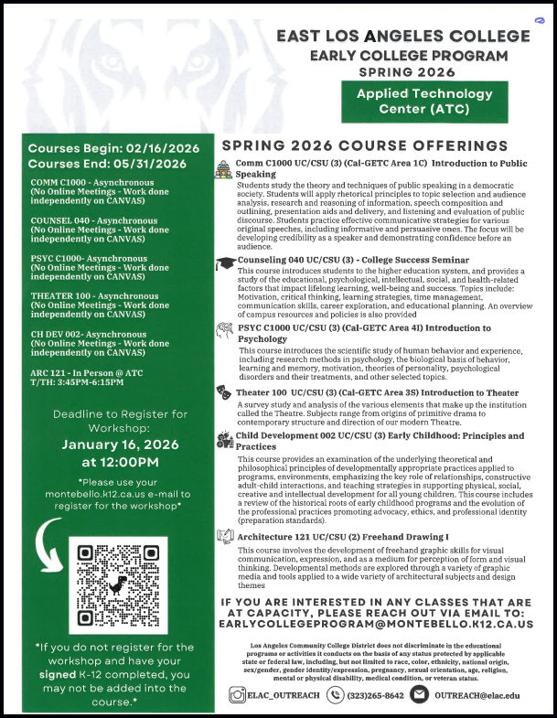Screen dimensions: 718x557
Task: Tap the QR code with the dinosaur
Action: pos(118,585)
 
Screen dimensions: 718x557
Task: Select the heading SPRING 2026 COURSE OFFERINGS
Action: pos(364,146)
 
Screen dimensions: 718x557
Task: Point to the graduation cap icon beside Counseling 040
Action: pos(224,263)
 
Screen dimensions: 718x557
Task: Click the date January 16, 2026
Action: pos(112,445)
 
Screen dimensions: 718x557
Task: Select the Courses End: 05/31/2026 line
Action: pos(106,165)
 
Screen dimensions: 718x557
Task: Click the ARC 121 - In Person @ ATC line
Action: pos(87,374)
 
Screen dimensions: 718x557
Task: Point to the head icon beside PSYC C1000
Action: pos(224,329)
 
